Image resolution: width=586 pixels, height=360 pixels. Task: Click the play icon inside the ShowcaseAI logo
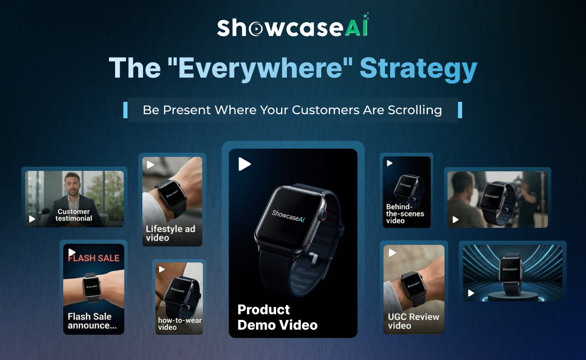pos(255,30)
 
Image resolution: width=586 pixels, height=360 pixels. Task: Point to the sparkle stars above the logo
pos(365,16)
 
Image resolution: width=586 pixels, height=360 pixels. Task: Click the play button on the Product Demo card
pos(245,164)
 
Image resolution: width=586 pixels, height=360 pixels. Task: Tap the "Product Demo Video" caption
pos(278,317)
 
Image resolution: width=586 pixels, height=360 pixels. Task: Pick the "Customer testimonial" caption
pos(74,215)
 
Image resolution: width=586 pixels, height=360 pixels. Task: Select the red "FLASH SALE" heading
pos(94,258)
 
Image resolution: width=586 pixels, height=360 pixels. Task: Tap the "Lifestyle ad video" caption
pos(170,233)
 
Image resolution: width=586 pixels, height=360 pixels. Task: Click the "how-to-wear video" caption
pos(179,323)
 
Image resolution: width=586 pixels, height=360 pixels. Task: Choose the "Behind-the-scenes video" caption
pos(405,214)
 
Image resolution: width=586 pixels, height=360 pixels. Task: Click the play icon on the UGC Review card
pos(392,253)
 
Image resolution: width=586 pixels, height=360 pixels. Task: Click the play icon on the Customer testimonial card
pos(32,219)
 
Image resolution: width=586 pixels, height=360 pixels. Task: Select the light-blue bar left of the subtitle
pos(125,110)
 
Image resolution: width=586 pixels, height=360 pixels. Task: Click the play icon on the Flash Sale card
pos(71,252)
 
